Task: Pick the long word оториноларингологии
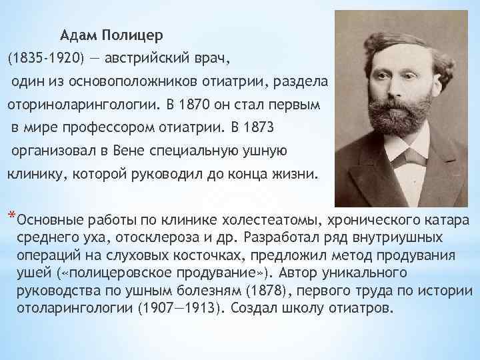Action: [x=84, y=105]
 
